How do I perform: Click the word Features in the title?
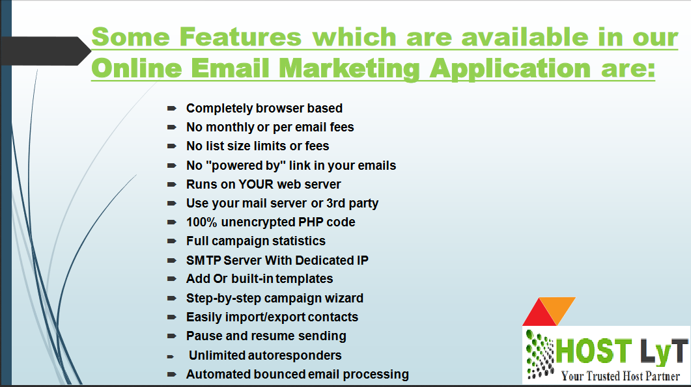(x=240, y=36)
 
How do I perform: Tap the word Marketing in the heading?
(x=349, y=69)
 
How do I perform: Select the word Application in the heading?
(x=510, y=69)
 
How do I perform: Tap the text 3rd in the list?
(x=336, y=204)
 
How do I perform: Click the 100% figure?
(x=202, y=222)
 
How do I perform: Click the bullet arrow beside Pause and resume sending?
(x=172, y=336)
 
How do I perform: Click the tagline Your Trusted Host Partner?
(x=621, y=376)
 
